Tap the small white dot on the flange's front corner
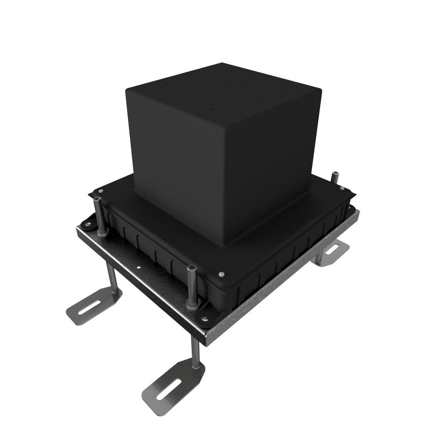tap(221, 273)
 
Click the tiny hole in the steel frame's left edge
tap(139, 268)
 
